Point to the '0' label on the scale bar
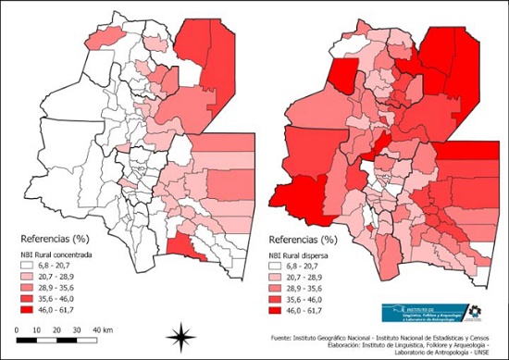(19, 329)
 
